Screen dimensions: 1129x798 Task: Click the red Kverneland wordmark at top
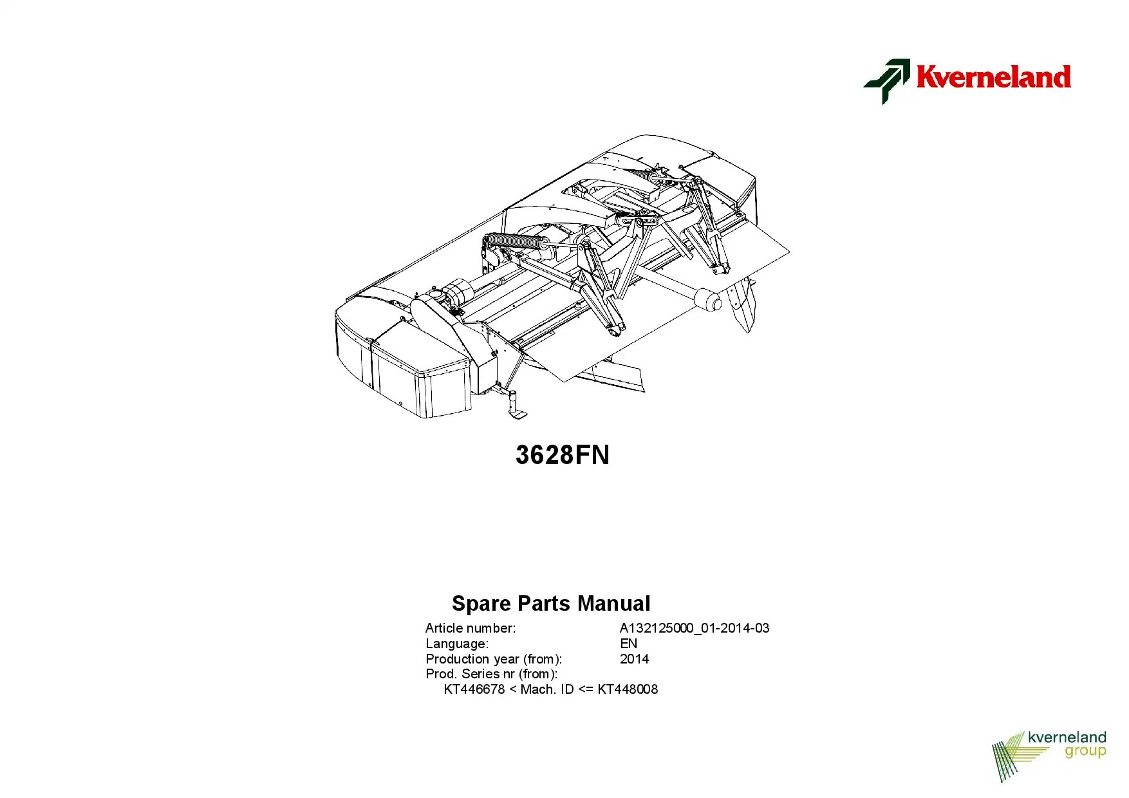993,77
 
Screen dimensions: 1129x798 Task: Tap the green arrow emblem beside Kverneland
887,81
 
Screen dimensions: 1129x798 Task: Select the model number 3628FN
563,455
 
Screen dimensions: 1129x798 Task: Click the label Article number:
471,628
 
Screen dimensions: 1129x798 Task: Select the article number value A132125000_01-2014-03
695,628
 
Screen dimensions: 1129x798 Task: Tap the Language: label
457,644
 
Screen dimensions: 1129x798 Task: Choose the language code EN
628,644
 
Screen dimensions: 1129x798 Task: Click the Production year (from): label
494,659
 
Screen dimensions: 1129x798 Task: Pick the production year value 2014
634,659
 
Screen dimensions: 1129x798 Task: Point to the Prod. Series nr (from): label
491,674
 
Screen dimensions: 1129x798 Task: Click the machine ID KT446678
474,689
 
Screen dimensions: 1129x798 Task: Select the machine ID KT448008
628,689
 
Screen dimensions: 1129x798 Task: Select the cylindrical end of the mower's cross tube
708,300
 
